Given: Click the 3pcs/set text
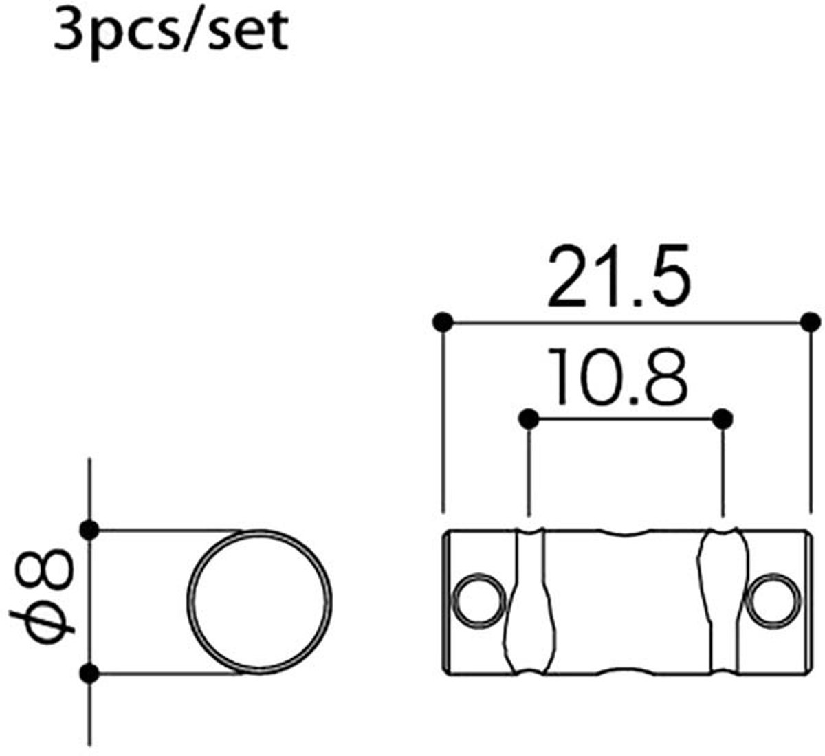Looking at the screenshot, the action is [171, 34].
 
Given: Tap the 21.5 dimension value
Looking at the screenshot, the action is [619, 275].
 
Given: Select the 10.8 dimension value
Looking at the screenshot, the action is [619, 376].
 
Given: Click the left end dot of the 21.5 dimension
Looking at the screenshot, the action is [443, 322].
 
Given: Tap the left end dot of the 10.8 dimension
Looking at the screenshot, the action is [529, 419].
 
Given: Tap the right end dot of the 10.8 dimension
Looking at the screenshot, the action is [723, 419].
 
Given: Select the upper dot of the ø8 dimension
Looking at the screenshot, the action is [89, 530].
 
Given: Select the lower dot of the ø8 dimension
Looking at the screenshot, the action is [89, 674].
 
